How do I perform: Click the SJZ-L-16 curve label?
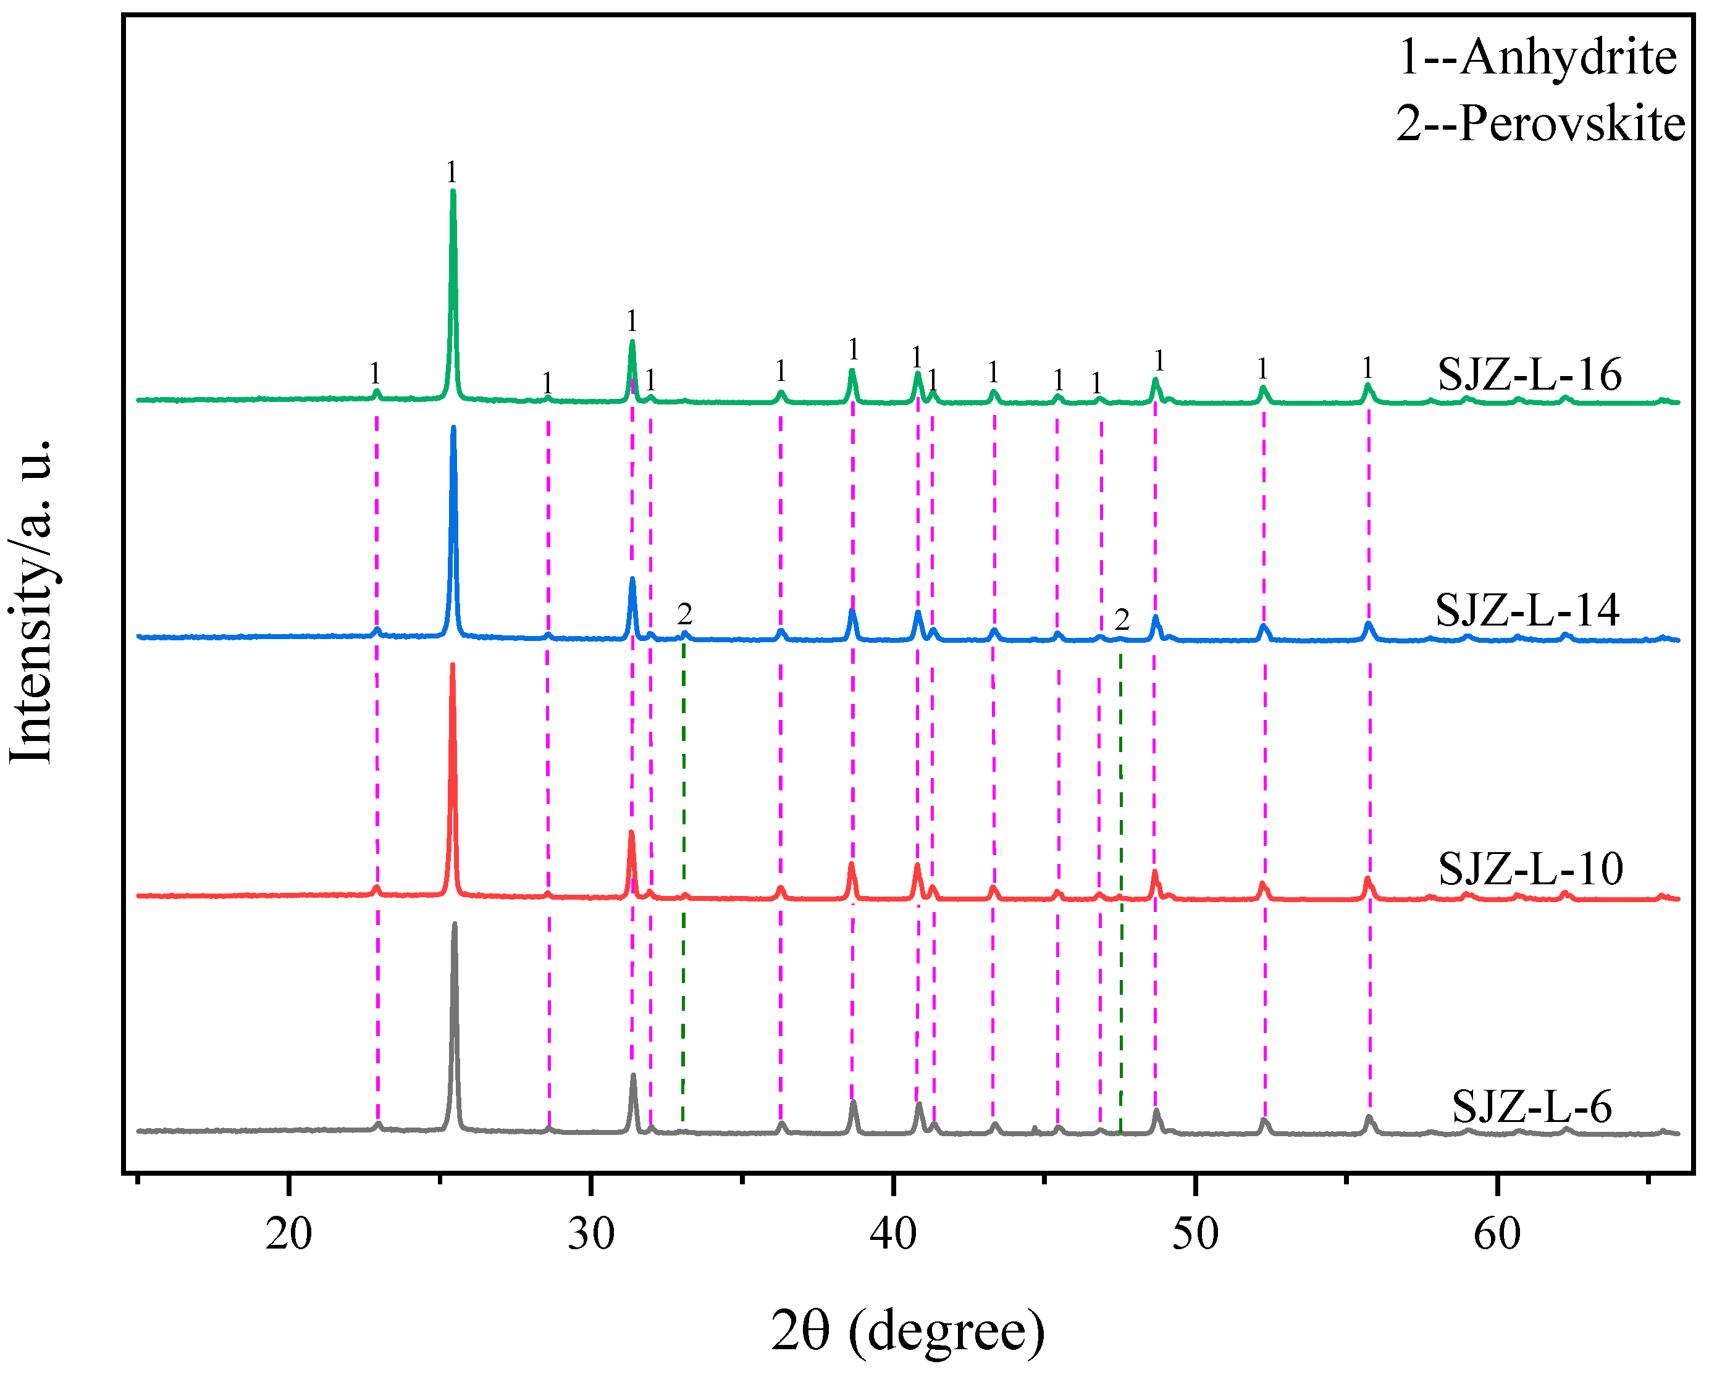tap(1528, 374)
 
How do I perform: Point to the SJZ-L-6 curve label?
tap(1531, 1107)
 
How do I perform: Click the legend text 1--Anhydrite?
tap(1537, 58)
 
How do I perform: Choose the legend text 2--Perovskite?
tap(1539, 125)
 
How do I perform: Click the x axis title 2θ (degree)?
tap(908, 1331)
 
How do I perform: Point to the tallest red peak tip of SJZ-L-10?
tap(452, 664)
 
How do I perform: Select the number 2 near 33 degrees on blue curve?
tap(685, 614)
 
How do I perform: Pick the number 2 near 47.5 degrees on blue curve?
tap(1121, 619)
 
